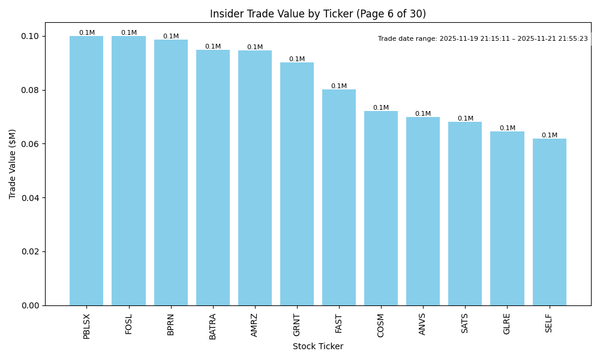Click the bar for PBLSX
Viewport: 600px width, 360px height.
[86, 171]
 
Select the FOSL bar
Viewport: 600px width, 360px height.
[128, 171]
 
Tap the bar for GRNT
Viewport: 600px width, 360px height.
[297, 184]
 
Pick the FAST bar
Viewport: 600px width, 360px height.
[339, 197]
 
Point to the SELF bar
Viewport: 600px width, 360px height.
[549, 222]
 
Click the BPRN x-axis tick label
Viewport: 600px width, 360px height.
[171, 324]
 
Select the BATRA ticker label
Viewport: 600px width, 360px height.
[213, 326]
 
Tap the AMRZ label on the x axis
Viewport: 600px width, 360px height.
[255, 325]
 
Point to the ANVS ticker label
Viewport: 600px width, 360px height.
[423, 324]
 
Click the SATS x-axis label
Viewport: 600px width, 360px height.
[465, 323]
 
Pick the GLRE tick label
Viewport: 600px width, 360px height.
[507, 324]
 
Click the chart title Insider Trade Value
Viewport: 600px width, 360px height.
[318, 14]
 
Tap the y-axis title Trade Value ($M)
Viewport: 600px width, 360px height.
[13, 164]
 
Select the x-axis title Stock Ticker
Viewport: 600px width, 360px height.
[318, 347]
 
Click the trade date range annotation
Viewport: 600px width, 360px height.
[483, 38]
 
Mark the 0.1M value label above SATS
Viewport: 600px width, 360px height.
[465, 119]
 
